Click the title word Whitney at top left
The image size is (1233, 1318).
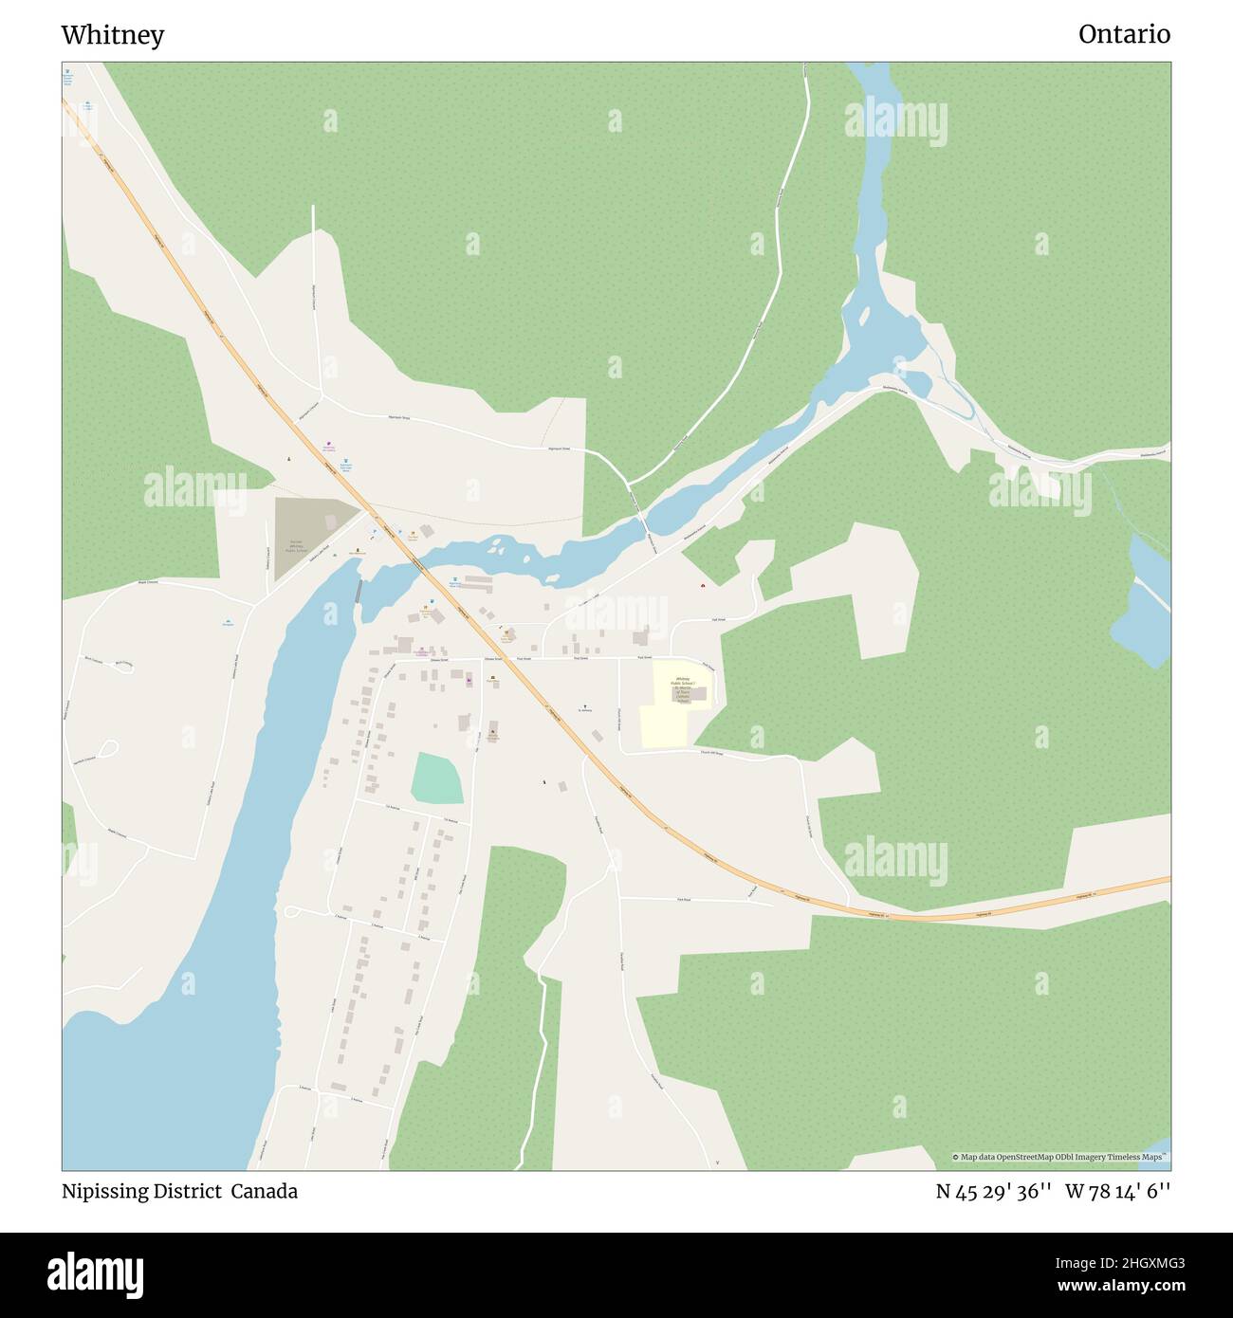[112, 35]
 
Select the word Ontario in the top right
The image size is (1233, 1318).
[1123, 34]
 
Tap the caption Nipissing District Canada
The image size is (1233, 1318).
[179, 1191]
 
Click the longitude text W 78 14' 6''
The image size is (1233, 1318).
[1117, 1191]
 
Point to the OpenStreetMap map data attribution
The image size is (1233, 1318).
[1060, 1157]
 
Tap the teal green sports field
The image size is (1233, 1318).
[436, 778]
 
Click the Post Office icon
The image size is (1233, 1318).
[492, 680]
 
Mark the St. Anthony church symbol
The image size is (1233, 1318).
[585, 705]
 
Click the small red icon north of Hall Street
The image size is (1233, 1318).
[702, 585]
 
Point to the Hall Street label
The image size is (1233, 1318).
[719, 620]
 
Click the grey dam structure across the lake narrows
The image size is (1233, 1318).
[358, 591]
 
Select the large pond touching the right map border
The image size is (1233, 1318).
[1143, 607]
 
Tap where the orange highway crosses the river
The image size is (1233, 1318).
[417, 565]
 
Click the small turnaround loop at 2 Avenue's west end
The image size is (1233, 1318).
[289, 912]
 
